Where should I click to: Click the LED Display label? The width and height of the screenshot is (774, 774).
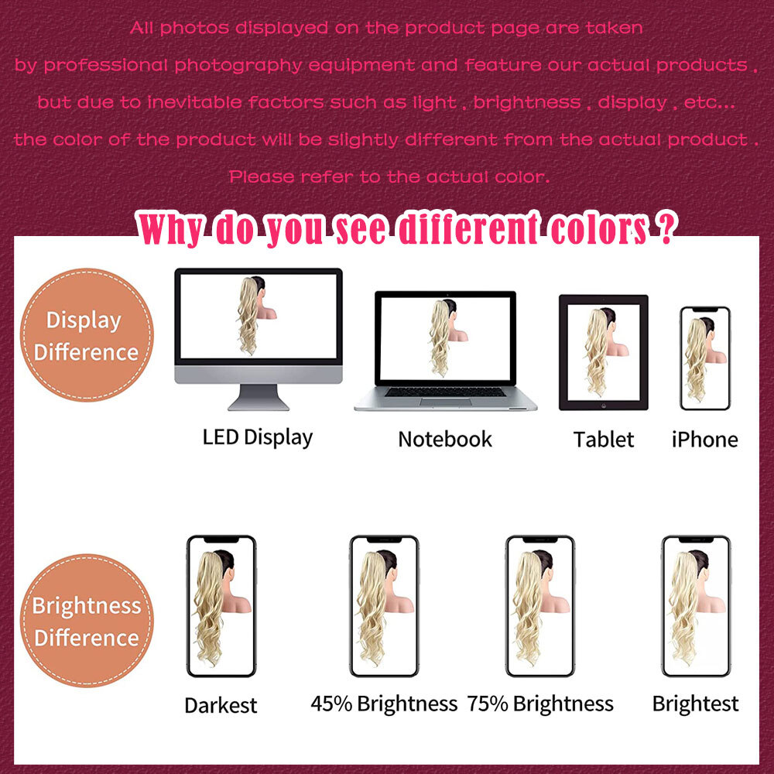pyautogui.click(x=258, y=438)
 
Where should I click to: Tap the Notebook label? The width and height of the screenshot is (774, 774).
pyautogui.click(x=445, y=439)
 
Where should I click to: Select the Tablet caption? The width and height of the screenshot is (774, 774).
pyautogui.click(x=603, y=440)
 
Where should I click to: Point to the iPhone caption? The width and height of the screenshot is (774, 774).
pyautogui.click(x=704, y=440)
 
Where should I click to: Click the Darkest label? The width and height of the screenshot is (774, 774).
pyautogui.click(x=221, y=705)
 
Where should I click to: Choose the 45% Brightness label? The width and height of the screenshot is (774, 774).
pyautogui.click(x=384, y=704)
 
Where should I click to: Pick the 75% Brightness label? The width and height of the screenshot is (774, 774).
pyautogui.click(x=540, y=704)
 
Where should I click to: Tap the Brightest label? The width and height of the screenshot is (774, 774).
pyautogui.click(x=696, y=704)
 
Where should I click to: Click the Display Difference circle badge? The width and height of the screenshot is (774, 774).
pyautogui.click(x=87, y=334)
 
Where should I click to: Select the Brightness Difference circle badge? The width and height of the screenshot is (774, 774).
pyautogui.click(x=87, y=621)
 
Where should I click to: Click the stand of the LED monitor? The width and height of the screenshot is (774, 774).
pyautogui.click(x=259, y=398)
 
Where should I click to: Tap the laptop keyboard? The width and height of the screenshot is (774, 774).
pyautogui.click(x=445, y=392)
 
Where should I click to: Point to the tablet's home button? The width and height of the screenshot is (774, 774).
pyautogui.click(x=603, y=406)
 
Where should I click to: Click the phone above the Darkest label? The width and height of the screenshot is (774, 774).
pyautogui.click(x=221, y=606)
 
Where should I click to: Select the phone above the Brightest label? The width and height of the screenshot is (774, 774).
pyautogui.click(x=696, y=606)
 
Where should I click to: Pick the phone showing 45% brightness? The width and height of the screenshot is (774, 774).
pyautogui.click(x=384, y=606)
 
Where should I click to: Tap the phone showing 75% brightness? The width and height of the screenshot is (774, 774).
pyautogui.click(x=540, y=606)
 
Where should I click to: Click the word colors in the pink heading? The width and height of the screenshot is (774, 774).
pyautogui.click(x=598, y=229)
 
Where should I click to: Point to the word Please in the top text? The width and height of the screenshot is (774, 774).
pyautogui.click(x=262, y=176)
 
